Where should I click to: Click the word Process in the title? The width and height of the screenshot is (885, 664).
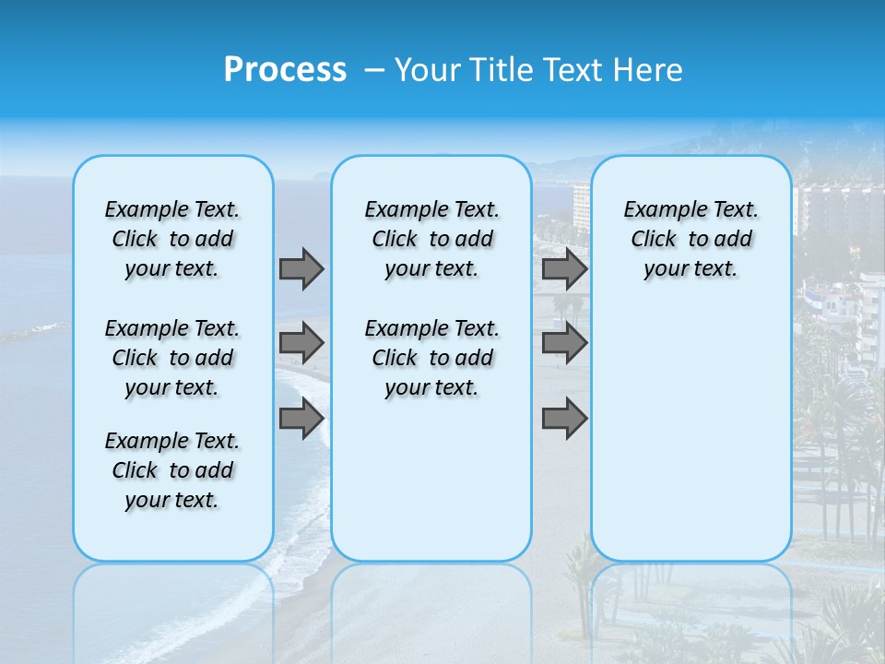coord(285,70)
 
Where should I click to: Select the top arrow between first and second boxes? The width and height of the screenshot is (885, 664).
coord(301,268)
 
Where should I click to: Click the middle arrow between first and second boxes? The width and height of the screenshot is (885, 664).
coord(301,343)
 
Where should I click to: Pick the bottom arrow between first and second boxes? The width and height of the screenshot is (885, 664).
coord(301,419)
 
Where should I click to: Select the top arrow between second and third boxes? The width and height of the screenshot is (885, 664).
coord(564,268)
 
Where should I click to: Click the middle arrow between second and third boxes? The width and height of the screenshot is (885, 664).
coord(564,343)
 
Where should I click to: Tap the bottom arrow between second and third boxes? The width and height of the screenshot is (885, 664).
coord(564,419)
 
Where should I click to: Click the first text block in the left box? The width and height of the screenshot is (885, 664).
coord(172,240)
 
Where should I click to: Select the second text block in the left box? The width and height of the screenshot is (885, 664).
coord(172,358)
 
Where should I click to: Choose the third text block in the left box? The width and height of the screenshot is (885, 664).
coord(172,470)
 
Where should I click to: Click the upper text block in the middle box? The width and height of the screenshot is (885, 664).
coord(431,240)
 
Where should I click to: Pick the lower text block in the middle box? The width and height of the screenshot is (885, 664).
coord(431,358)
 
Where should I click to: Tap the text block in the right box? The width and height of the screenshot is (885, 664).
coord(690,240)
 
